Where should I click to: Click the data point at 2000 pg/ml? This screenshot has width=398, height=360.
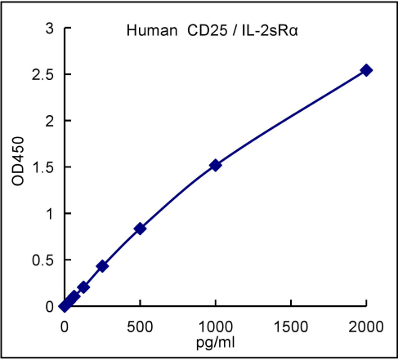366,70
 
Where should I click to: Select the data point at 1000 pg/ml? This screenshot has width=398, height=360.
216,165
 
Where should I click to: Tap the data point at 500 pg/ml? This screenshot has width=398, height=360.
141,229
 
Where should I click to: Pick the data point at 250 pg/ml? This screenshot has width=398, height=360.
102,266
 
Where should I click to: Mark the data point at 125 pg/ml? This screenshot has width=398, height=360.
83,287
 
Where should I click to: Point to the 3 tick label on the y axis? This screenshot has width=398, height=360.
50,29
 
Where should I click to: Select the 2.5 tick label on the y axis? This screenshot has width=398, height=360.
44,75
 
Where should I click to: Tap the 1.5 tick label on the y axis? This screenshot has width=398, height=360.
44,167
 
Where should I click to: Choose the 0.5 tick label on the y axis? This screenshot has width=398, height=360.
44,260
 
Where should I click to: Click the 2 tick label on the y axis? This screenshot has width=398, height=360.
50,121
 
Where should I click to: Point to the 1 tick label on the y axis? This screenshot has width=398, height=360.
50,214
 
